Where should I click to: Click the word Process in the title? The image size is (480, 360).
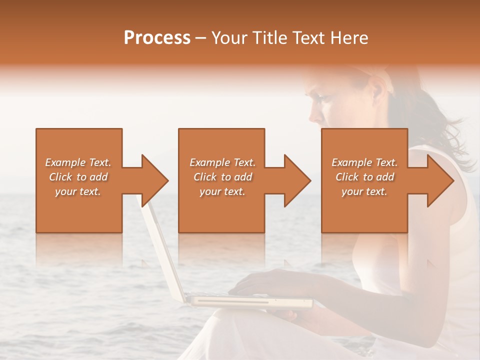click(x=157, y=38)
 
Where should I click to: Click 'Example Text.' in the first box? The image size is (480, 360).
click(x=78, y=162)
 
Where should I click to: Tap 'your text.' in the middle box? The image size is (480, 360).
click(x=222, y=191)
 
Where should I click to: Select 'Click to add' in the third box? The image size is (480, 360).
click(x=364, y=177)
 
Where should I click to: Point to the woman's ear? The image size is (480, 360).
click(x=374, y=90)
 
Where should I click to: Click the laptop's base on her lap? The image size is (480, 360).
click(x=250, y=301)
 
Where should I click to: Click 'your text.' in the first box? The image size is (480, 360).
click(x=78, y=191)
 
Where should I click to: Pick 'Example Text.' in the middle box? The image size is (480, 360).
click(x=222, y=162)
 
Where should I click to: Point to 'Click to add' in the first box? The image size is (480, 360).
click(x=78, y=177)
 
